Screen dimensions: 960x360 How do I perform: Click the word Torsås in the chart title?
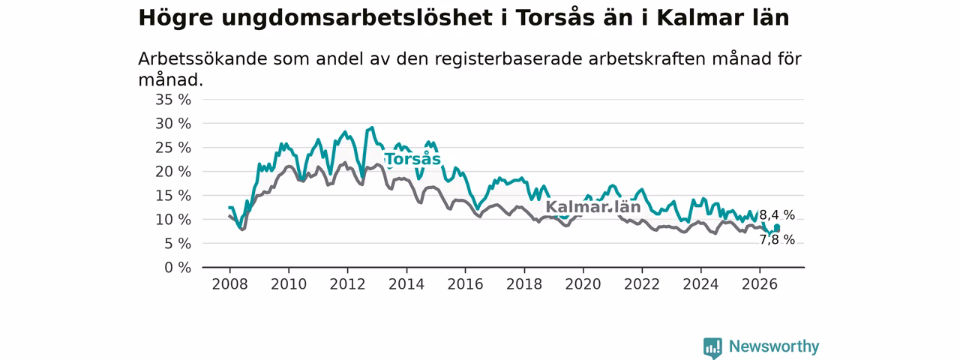556,18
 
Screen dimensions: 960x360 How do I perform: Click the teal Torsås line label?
413,159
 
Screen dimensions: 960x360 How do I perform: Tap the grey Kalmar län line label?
593,207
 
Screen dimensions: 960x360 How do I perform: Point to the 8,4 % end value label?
777,215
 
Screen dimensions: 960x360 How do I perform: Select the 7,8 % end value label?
777,240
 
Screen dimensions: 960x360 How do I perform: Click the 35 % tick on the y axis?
173,100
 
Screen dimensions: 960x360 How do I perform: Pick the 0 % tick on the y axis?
178,268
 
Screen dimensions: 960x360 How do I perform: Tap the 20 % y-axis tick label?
173,172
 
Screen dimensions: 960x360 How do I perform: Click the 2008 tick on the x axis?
229,284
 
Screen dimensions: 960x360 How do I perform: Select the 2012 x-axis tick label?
347,284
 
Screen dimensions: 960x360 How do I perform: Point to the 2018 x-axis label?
524,284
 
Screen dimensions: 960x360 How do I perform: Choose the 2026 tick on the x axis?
760,284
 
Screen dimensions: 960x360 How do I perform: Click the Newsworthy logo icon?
712,347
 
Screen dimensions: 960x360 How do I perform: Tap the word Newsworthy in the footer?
774,346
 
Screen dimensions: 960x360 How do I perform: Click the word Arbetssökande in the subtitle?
202,59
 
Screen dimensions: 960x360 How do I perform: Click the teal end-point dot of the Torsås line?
777,227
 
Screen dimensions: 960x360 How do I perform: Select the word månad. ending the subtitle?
170,80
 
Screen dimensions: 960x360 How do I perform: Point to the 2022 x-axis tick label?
642,284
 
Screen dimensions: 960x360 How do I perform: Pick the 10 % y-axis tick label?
173,220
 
